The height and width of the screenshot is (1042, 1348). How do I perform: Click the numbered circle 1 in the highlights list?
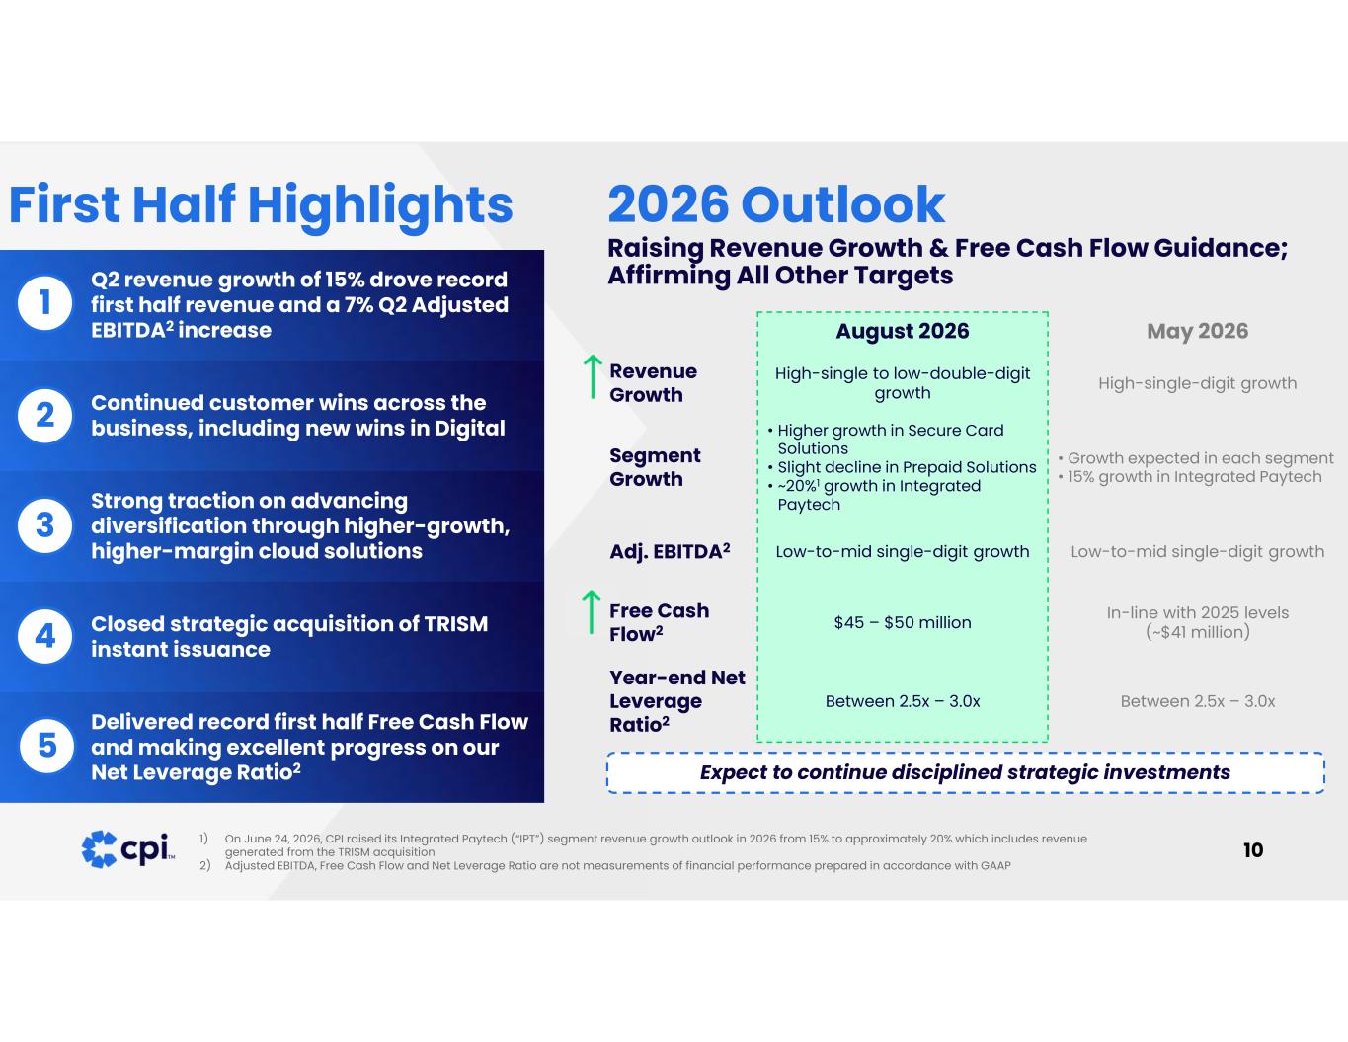(44, 303)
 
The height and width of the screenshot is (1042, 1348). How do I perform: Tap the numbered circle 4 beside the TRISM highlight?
(44, 636)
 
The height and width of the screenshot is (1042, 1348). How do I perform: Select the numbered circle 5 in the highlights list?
(46, 746)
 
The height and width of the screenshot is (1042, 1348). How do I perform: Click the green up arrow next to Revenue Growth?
(594, 377)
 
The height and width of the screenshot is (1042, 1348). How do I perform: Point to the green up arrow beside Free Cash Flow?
(592, 612)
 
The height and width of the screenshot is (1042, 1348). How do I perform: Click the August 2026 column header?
(902, 331)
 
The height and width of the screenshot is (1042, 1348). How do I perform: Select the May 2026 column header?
(1197, 331)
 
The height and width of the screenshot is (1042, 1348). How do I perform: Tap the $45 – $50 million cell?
(903, 622)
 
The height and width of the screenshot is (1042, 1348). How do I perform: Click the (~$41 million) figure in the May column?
(1197, 632)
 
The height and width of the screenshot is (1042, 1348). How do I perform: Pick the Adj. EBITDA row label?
(670, 551)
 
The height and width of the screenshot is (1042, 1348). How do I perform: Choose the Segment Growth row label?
(655, 467)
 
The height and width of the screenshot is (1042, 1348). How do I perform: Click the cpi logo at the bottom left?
(128, 849)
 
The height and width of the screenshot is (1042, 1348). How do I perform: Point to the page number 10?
(1253, 850)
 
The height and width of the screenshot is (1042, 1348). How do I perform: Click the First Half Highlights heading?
(261, 205)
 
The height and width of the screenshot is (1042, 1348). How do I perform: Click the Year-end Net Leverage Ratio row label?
(676, 701)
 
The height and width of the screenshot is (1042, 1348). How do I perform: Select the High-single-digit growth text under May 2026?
(1197, 383)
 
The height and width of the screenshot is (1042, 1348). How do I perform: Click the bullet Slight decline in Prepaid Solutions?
(902, 467)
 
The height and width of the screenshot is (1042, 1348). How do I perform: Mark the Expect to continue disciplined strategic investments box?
(965, 772)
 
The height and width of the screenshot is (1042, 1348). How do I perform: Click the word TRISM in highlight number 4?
(456, 624)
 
